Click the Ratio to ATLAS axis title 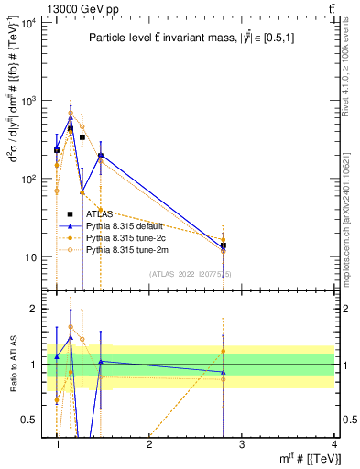point(13,365)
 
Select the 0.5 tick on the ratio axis point(34,420)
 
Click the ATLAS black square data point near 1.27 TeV point(82,137)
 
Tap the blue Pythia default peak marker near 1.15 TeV point(71,117)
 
